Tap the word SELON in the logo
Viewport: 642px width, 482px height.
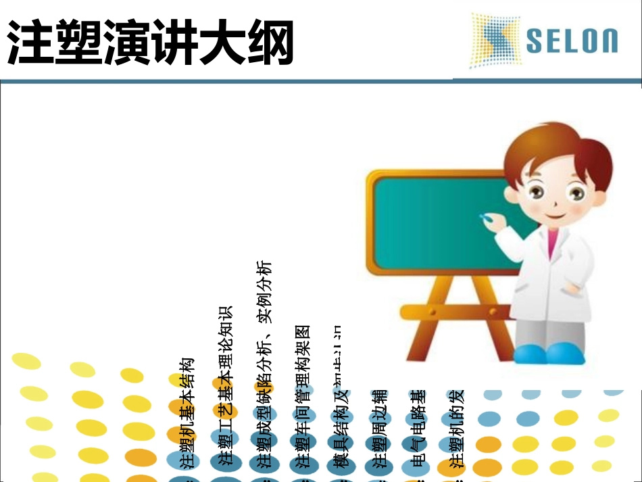click(572, 41)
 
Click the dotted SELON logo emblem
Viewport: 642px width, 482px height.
click(495, 41)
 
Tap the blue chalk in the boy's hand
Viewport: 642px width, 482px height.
click(485, 218)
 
